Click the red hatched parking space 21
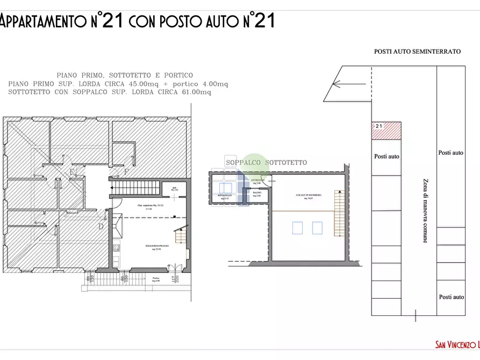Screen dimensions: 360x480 (x=386, y=131)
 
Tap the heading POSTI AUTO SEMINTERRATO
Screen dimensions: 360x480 (x=418, y=52)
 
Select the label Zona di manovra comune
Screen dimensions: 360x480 (x=425, y=211)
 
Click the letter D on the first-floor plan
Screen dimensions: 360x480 (x=101, y=226)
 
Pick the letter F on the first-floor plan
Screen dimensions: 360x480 (x=126, y=172)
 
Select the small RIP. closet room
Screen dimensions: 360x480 (x=175, y=189)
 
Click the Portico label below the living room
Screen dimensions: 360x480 (x=156, y=278)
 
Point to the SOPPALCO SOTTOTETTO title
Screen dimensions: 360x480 (x=266, y=162)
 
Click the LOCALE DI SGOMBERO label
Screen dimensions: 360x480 (x=308, y=196)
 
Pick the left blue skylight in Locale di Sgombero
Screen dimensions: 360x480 (x=297, y=228)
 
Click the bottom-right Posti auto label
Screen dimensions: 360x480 (x=451, y=297)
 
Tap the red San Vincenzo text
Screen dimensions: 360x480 (x=457, y=344)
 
